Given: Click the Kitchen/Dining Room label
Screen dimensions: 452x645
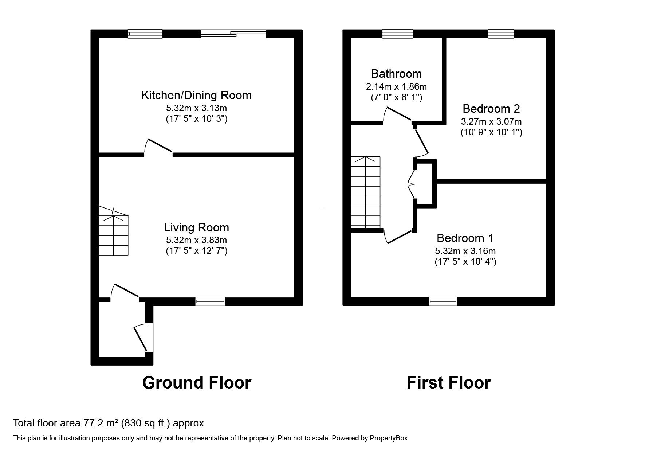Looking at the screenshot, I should pos(196,96).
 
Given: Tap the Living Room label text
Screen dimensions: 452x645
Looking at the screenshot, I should pos(196,228).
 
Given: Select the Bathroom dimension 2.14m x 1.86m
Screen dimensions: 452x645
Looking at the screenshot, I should pos(396,87).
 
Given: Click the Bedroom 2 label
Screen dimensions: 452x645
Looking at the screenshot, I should pos(491,109).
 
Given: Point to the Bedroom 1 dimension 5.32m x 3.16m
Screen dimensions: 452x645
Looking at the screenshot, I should pos(465,251).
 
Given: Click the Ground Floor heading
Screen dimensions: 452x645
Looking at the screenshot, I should pos(196,383).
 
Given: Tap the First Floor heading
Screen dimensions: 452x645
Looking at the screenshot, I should pos(448,383).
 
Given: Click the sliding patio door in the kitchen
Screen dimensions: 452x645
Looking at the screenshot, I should pos(233,34).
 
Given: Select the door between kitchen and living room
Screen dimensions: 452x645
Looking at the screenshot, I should pos(158,147).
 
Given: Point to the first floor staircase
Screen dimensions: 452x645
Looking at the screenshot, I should pos(365,192).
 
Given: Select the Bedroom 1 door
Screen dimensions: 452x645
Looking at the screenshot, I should pos(399,237).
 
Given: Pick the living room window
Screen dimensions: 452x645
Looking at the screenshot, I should pos(210,301).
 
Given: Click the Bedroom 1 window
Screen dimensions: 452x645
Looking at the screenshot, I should pos(443,301).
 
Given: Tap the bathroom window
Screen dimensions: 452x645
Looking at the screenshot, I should pos(397,34).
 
